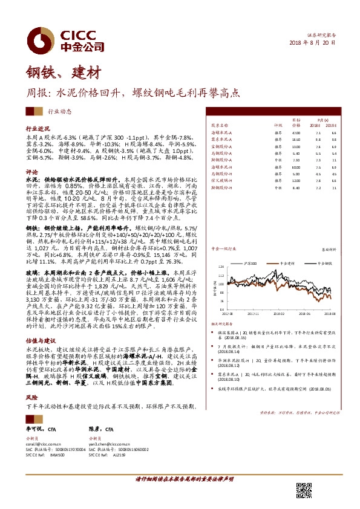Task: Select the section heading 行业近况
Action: pyautogui.click(x=38, y=129)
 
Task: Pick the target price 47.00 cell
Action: pyautogui.click(x=296, y=132)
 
